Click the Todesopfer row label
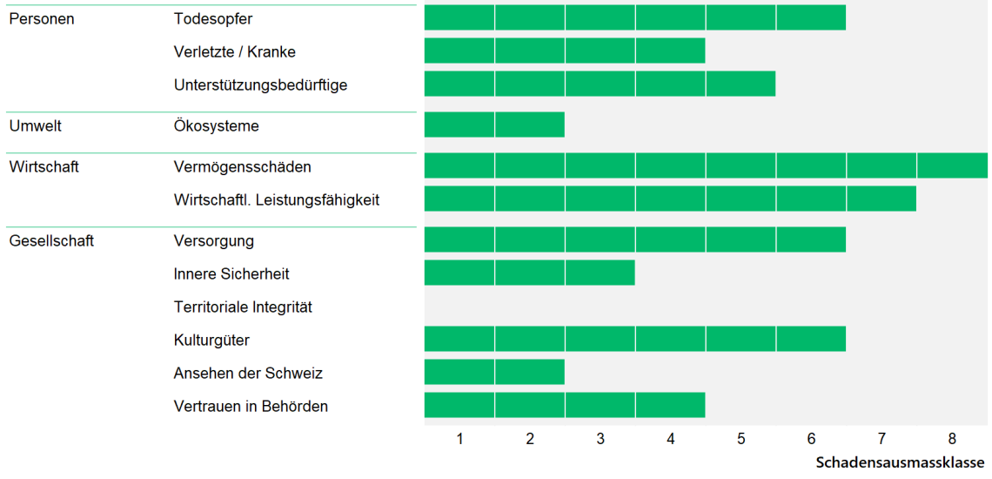pyautogui.click(x=213, y=18)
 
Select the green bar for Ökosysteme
pyautogui.click(x=494, y=125)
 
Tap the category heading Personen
pyautogui.click(x=41, y=18)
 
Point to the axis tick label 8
pyautogui.click(x=952, y=439)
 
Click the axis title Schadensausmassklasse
pyautogui.click(x=900, y=462)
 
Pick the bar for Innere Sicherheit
pyautogui.click(x=529, y=273)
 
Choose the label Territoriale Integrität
pyautogui.click(x=243, y=307)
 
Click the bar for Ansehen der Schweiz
pyautogui.click(x=494, y=372)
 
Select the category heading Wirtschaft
pyautogui.click(x=44, y=166)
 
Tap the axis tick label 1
pyautogui.click(x=459, y=439)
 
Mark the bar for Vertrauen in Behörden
pyautogui.click(x=564, y=405)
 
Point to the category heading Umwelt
pyautogui.click(x=35, y=125)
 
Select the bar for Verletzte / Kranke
pyautogui.click(x=564, y=51)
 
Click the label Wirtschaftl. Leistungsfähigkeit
pyautogui.click(x=277, y=199)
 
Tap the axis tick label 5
pyautogui.click(x=741, y=439)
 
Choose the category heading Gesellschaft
pyautogui.click(x=51, y=240)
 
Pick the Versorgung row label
pyautogui.click(x=213, y=240)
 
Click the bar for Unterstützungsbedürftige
pyautogui.click(x=600, y=84)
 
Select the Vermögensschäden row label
pyautogui.click(x=242, y=166)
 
